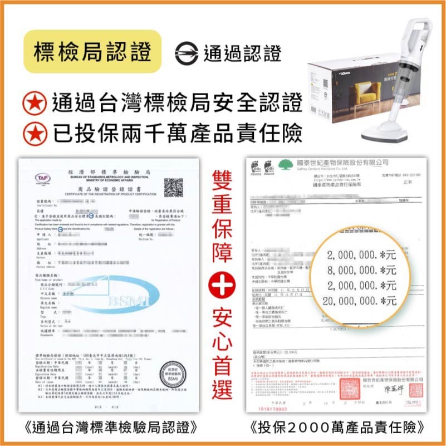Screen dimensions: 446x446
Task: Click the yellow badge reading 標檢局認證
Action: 92,52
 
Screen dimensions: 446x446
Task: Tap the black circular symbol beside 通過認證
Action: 186,53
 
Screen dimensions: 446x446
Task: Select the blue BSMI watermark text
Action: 128,301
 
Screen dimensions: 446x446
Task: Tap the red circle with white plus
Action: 222,287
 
